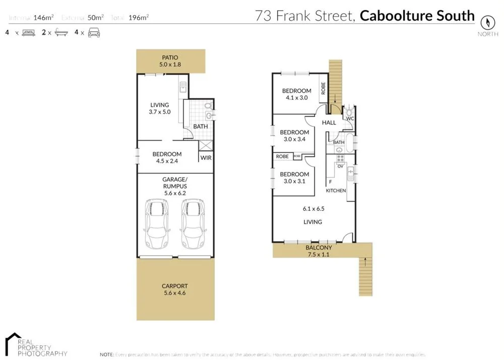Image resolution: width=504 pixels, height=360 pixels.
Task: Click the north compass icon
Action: pos(487,22)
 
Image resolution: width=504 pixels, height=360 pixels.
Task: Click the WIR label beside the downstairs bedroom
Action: pos(206,158)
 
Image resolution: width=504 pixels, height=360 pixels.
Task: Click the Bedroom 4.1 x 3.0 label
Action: pos(296,94)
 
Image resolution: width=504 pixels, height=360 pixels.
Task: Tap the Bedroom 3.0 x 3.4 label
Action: pos(294,136)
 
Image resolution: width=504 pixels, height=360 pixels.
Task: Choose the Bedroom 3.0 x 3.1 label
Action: pos(294,177)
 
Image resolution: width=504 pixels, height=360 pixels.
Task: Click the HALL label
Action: pos(329,123)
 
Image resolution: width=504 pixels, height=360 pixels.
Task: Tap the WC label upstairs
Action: pos(349,118)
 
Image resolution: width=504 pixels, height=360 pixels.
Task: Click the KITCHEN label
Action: pos(336,191)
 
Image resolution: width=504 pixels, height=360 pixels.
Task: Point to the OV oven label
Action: pos(340,166)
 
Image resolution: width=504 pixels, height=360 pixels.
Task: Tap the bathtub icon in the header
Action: pos(61,33)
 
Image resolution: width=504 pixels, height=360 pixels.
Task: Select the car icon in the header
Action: pos(94,33)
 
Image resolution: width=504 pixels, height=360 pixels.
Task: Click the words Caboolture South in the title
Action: pos(417,16)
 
